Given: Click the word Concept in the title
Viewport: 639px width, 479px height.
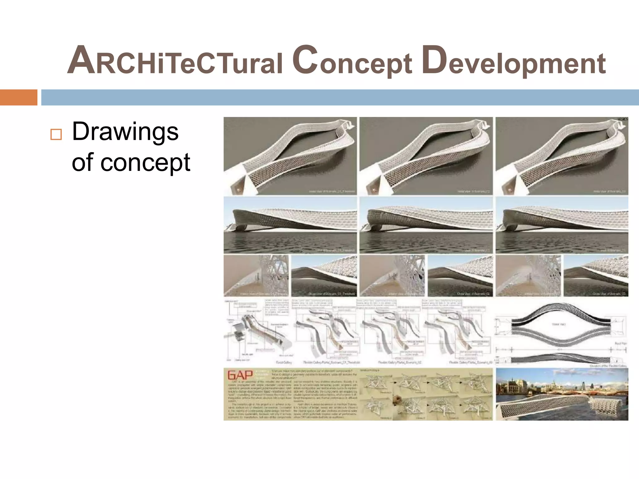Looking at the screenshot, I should point(352,61).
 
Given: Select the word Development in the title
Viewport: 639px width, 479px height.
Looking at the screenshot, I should point(514,61).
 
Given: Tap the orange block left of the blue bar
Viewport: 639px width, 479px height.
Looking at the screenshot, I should point(18,97).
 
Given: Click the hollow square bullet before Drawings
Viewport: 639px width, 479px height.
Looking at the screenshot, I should point(56,134).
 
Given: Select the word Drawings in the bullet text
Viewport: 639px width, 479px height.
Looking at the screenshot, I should point(125,132).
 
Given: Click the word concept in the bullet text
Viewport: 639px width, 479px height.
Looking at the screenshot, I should point(145,163).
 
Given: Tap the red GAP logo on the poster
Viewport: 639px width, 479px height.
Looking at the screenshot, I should point(240,375).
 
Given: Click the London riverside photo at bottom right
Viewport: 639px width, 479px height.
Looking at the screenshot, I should point(562,394).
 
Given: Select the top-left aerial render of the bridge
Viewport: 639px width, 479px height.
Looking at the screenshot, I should point(290,156).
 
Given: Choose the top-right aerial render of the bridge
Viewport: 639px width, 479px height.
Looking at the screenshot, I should point(562,156).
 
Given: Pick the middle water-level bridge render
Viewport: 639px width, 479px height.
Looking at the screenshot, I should point(426,225).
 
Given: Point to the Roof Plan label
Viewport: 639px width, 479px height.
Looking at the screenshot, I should point(620,343).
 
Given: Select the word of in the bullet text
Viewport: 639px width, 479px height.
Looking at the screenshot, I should point(82,163).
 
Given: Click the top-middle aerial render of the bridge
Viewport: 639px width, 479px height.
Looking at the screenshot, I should point(426,156).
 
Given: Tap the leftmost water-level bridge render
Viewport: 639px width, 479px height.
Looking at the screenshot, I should point(290,225).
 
